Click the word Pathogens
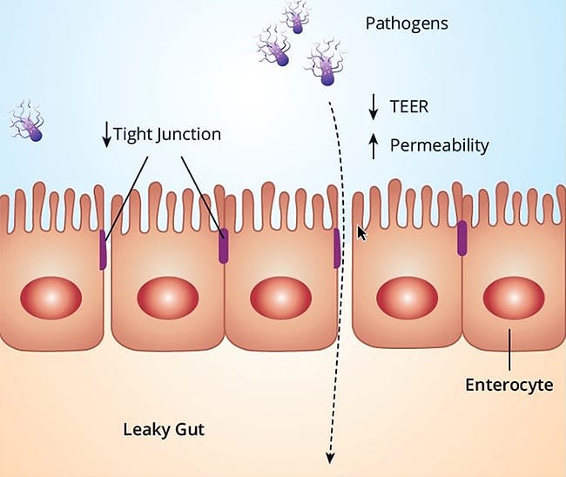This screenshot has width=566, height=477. [407, 24]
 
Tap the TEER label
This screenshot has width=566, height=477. [408, 108]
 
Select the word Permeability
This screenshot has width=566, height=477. [439, 144]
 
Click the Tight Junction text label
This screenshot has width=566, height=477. [167, 135]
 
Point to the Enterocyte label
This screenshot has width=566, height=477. [509, 384]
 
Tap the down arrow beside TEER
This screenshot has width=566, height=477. [374, 108]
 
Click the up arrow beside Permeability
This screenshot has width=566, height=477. [374, 144]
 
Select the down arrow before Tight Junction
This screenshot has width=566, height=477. [106, 135]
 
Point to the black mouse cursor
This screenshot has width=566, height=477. [361, 234]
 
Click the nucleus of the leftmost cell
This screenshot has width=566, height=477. [51, 299]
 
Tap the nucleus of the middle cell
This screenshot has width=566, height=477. [280, 298]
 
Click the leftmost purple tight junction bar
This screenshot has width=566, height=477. [103, 250]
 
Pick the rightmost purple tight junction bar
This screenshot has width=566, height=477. [462, 239]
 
